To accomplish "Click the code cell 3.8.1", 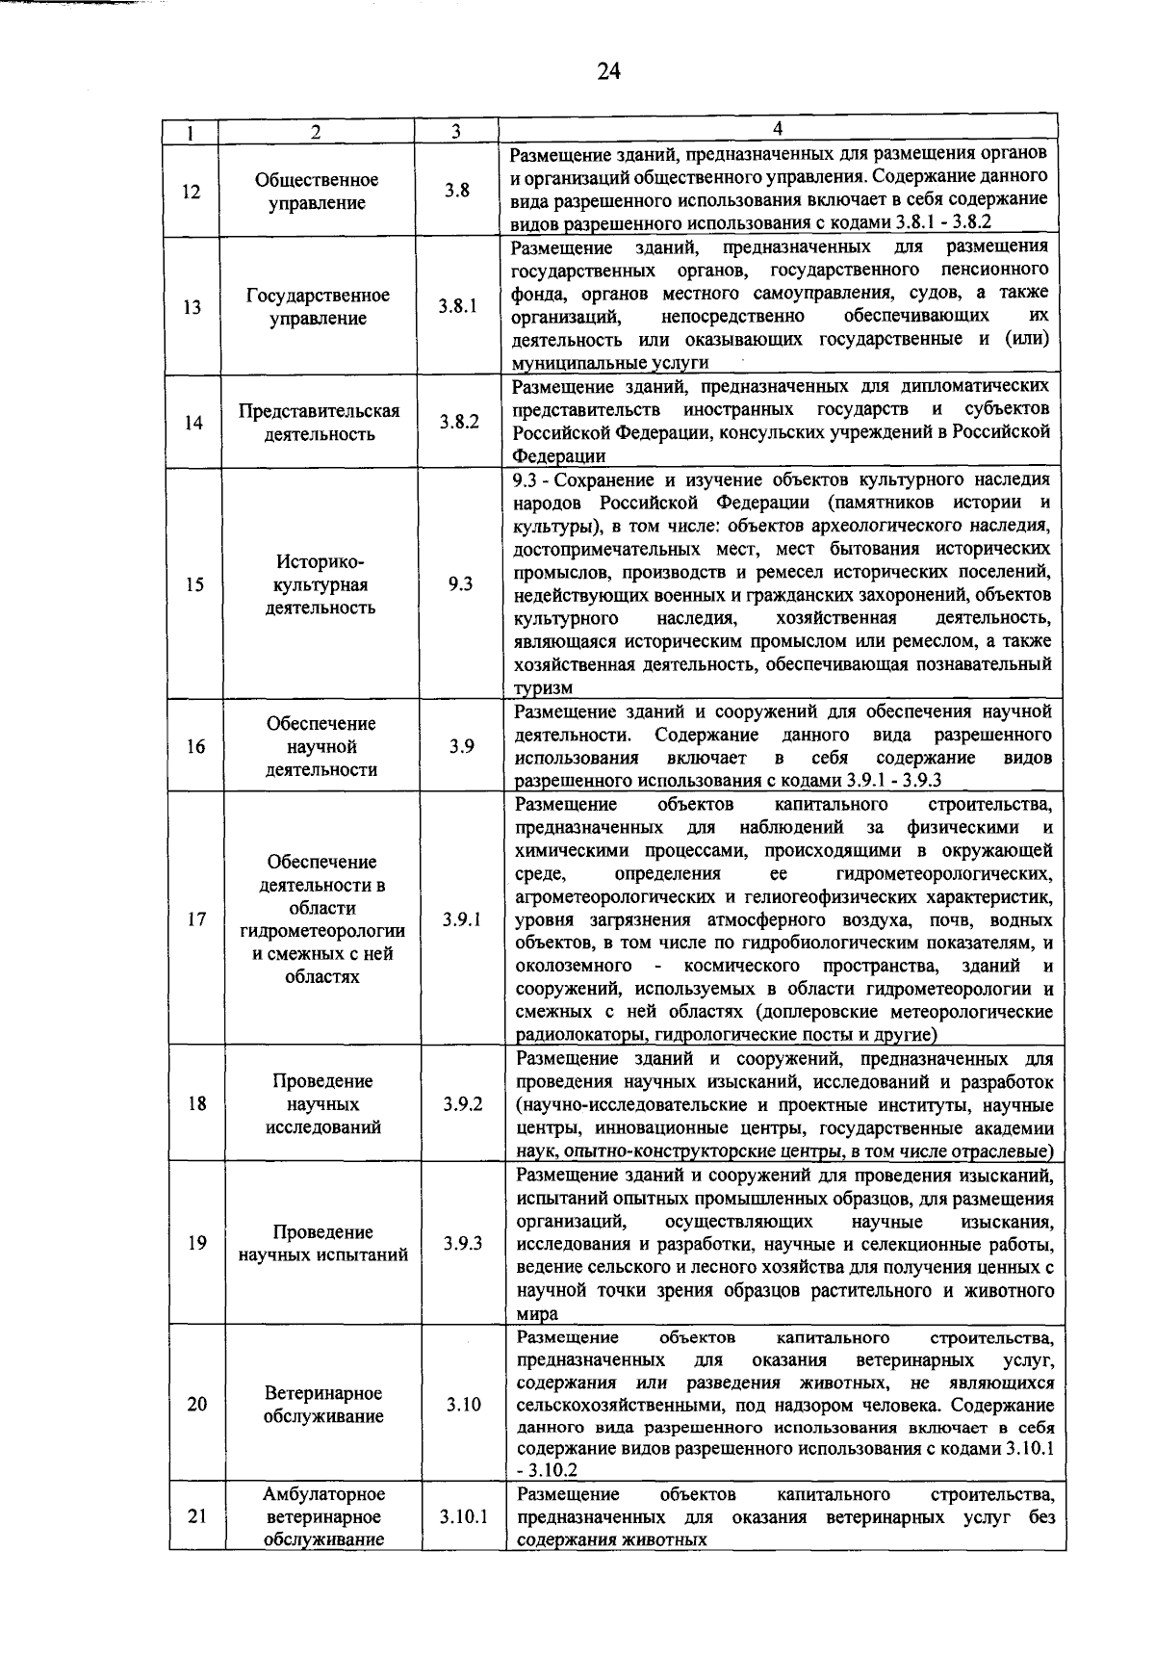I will click(457, 307).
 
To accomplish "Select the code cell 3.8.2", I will click(459, 422).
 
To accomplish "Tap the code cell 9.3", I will click(459, 584).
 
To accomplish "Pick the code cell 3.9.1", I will click(462, 919).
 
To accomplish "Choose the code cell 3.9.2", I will click(463, 1104).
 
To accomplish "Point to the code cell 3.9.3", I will click(463, 1243).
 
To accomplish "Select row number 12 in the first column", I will click(191, 192).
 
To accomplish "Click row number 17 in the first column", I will click(196, 919).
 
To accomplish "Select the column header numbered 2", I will click(316, 133).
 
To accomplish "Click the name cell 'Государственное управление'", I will click(318, 307).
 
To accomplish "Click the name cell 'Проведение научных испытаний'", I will click(323, 1243).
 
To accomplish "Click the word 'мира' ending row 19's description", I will click(537, 1314).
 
